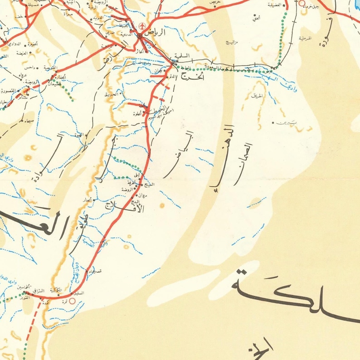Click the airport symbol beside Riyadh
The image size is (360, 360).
click(141, 25)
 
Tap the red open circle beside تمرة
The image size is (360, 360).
click(72, 300)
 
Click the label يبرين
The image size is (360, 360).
click(286, 123)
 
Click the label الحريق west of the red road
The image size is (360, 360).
click(112, 95)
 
